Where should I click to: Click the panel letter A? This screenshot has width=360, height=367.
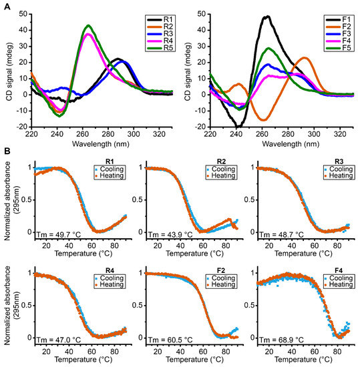pyautogui.click(x=5, y=5)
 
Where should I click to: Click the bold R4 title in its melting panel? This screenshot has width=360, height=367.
pyautogui.click(x=95, y=274)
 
